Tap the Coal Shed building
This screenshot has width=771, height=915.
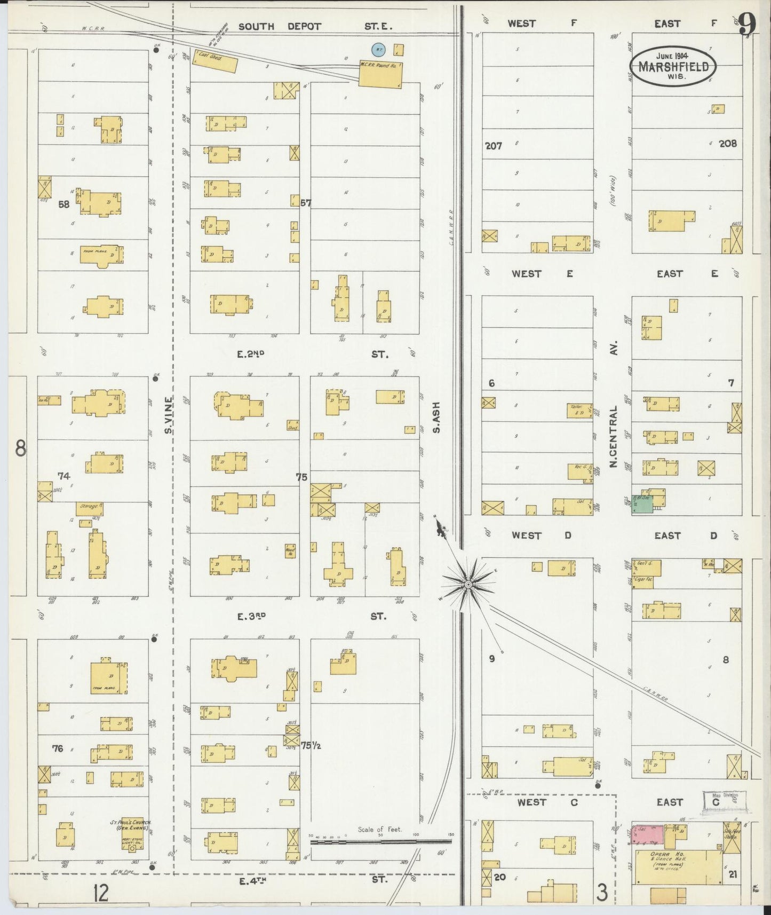[215, 62]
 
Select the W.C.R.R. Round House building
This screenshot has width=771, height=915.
[380, 74]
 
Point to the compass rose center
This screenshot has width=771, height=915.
[468, 585]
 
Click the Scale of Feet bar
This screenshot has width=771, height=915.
[381, 842]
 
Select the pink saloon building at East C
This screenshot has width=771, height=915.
[648, 835]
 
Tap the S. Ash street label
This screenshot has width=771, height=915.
[436, 417]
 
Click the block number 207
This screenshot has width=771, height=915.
[494, 145]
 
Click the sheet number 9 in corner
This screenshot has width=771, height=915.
[748, 23]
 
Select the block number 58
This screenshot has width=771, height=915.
[64, 204]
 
